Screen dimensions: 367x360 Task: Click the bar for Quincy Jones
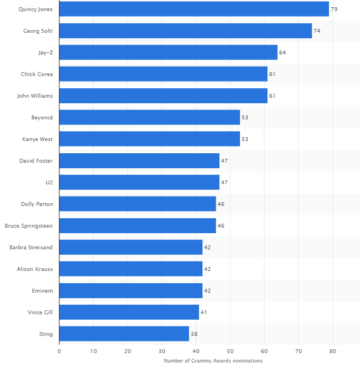point(194,9)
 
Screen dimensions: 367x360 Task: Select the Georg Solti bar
point(186,31)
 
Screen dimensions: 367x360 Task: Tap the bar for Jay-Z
point(168,52)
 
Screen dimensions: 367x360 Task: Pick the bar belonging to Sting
point(124,334)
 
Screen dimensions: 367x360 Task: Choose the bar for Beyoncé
point(149,117)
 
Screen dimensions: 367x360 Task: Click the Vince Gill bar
point(129,312)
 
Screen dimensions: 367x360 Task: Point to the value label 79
point(334,9)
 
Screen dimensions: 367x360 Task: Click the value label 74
point(317,31)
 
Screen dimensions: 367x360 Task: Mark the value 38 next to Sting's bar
point(194,334)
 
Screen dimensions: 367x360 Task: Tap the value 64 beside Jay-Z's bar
point(282,53)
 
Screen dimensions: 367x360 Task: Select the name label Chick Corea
point(37,74)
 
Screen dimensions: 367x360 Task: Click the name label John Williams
point(35,96)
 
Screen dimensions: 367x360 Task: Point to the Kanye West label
point(38,139)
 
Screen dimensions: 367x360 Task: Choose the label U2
point(49,183)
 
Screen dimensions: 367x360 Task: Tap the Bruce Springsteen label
point(29,226)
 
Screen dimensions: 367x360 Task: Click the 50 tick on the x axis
point(230,351)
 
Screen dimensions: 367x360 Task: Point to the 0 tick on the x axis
point(59,351)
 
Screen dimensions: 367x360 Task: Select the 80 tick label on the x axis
point(332,351)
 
